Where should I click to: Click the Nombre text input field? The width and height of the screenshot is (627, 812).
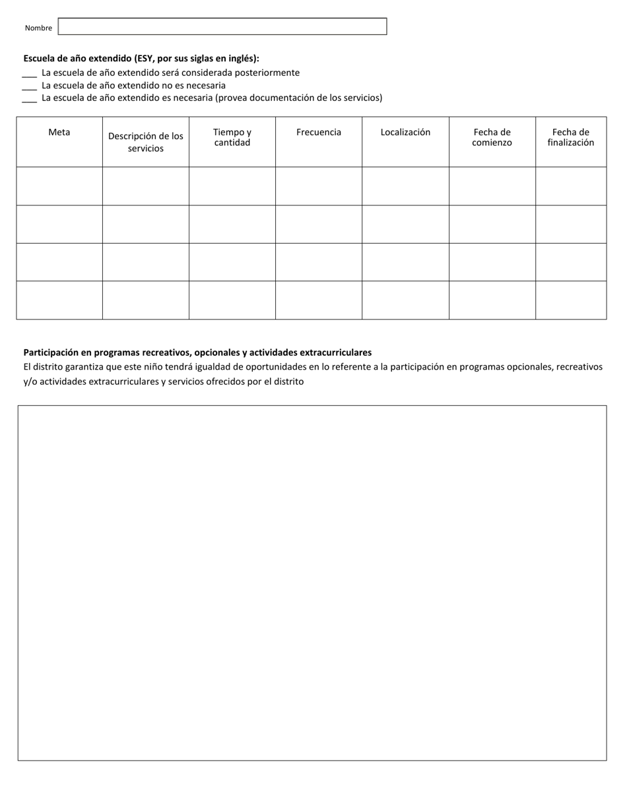222,26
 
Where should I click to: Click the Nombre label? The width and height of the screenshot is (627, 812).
38,28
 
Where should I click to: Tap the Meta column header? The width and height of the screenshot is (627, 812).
59,132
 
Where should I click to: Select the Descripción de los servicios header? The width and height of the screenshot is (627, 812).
146,142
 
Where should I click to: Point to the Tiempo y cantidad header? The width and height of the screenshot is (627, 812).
232,137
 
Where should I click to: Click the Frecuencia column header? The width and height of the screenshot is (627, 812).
319,132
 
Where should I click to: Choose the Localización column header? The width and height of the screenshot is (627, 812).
405,132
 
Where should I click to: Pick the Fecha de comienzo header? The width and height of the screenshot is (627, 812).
492,137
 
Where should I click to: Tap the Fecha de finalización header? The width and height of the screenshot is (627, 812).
571,137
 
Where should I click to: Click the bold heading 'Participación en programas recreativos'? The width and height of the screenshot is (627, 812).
197,353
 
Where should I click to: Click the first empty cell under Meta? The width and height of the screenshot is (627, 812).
59,186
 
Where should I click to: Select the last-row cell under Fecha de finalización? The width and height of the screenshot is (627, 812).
571,300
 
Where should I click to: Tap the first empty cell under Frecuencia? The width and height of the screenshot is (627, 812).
319,186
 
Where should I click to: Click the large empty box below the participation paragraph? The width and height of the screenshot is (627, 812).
312,582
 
